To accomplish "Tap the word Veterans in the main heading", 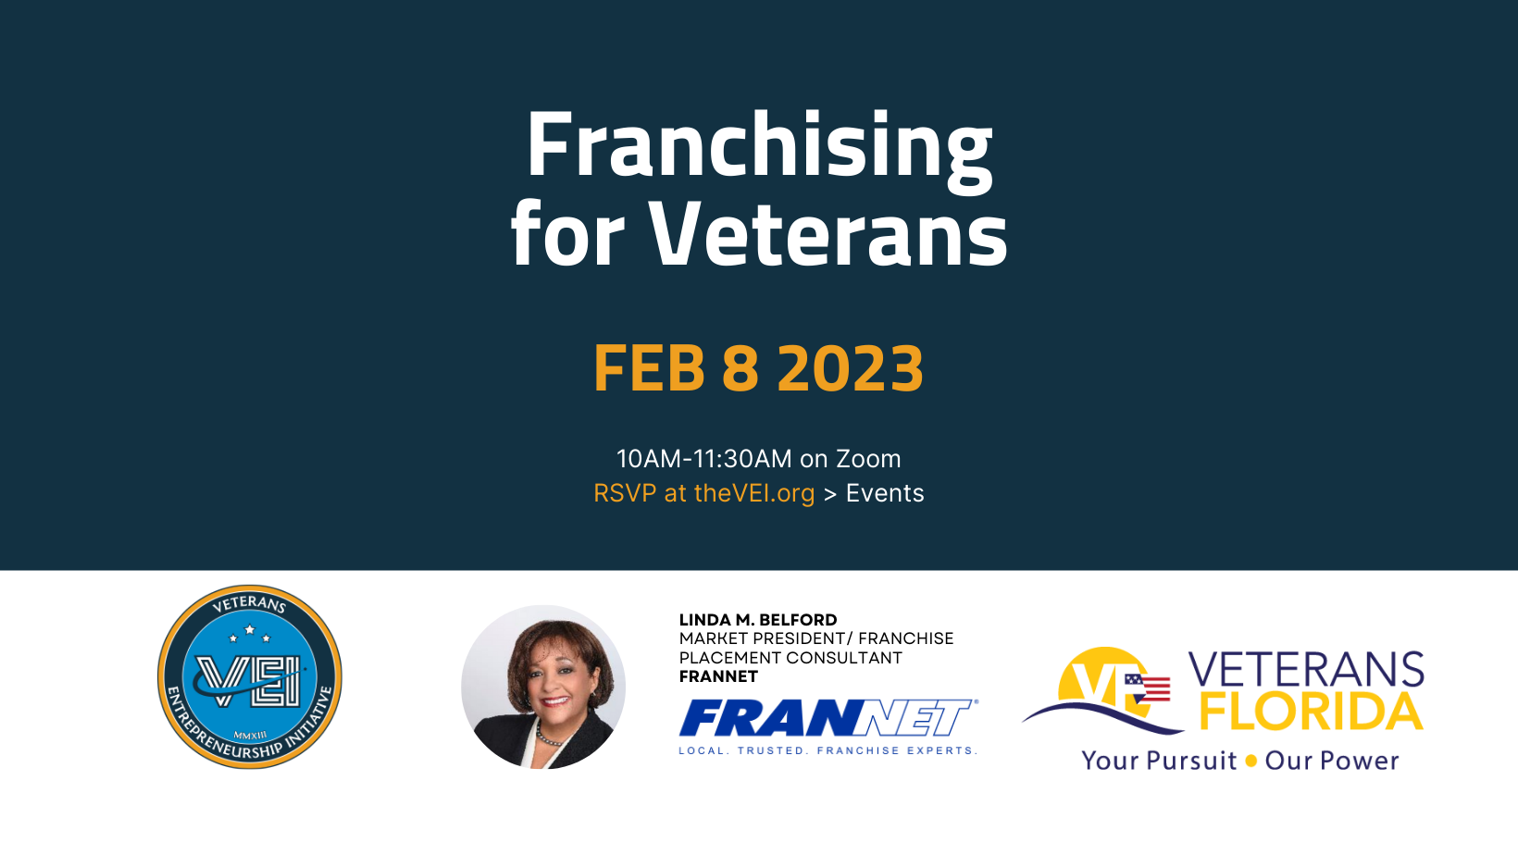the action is pyautogui.click(x=828, y=234).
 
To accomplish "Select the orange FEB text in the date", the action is pyautogui.click(x=649, y=368).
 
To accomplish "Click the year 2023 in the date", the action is pyautogui.click(x=851, y=368).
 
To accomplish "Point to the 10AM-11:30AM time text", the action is pyautogui.click(x=704, y=459).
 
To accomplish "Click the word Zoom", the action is pyautogui.click(x=868, y=459).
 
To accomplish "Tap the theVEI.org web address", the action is pyautogui.click(x=754, y=493).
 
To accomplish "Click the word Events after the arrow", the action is pyautogui.click(x=885, y=493).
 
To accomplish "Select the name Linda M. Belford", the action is pyautogui.click(x=758, y=620).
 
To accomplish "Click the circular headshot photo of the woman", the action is pyautogui.click(x=542, y=687).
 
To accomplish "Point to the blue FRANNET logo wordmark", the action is pyautogui.click(x=828, y=718).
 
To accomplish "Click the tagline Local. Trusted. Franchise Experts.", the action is pyautogui.click(x=828, y=750).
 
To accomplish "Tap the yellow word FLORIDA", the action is pyautogui.click(x=1311, y=712).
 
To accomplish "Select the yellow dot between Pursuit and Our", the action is pyautogui.click(x=1251, y=761).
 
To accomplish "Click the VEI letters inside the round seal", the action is pyautogui.click(x=249, y=680).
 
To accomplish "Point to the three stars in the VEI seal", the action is pyautogui.click(x=249, y=634).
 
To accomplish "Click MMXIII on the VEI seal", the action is pyautogui.click(x=250, y=735).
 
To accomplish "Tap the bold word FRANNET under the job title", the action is pyautogui.click(x=718, y=676).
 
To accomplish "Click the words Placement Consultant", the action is pyautogui.click(x=790, y=658).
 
